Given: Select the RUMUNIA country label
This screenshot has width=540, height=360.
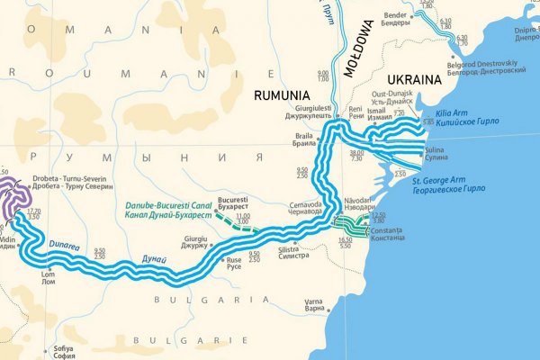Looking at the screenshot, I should (x=282, y=94).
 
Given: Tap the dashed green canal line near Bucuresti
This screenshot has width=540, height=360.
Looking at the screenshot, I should (x=241, y=226).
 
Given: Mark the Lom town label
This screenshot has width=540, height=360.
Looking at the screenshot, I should (x=49, y=274).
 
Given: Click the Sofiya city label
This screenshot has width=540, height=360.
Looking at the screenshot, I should (x=62, y=350).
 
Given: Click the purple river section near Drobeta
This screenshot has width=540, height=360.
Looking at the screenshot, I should (x=13, y=193).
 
